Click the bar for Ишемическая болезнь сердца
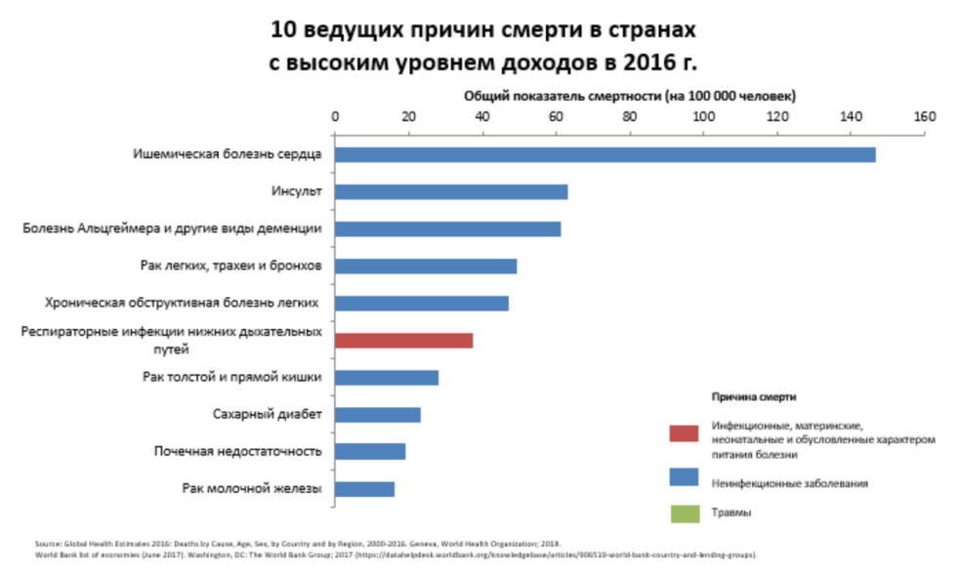pos(604,155)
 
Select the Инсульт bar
pos(450,192)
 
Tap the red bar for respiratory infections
pos(403,341)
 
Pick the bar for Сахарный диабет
pos(377,415)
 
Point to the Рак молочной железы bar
pos(364,489)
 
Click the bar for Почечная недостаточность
pos(369,452)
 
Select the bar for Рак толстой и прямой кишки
pos(386,378)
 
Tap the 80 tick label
pos(629,116)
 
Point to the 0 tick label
pos(335,116)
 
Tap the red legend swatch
pos(684,432)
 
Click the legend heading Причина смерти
pos(753,398)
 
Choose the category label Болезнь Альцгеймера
pos(172,229)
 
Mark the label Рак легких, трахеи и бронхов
pos(232,266)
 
